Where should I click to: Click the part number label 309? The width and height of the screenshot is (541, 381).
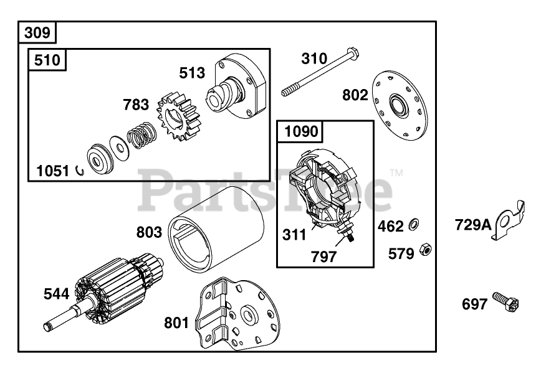pyautogui.click(x=38, y=32)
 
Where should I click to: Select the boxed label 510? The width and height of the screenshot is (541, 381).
pyautogui.click(x=47, y=60)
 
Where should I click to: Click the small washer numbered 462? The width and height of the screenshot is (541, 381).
pyautogui.click(x=414, y=224)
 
